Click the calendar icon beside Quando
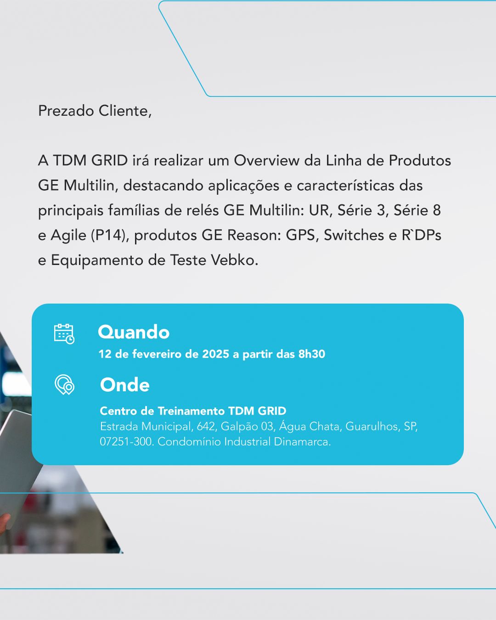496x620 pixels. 64,333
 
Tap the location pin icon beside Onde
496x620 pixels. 64,384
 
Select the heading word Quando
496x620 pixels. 134,332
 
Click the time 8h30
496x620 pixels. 311,354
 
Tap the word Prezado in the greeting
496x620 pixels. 66,111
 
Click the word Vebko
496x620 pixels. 234,260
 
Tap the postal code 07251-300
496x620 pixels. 126,442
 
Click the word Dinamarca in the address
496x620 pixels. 302,442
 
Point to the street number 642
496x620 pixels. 206,427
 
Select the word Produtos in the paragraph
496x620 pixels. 420,160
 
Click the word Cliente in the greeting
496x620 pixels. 125,111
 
